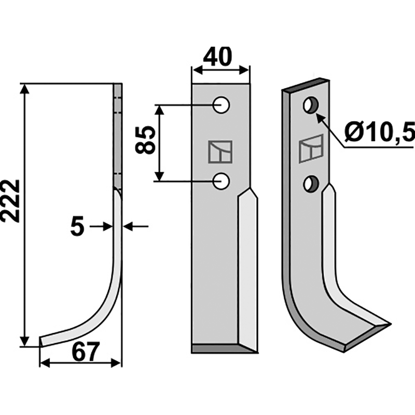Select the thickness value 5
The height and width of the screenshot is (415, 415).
pyautogui.click(x=77, y=226)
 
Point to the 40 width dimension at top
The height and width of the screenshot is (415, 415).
pyautogui.click(x=217, y=57)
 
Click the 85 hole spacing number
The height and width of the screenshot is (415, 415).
pyautogui.click(x=145, y=140)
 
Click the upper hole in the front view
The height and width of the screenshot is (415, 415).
pyautogui.click(x=222, y=105)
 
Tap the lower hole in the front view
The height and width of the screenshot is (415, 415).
pyautogui.click(x=222, y=181)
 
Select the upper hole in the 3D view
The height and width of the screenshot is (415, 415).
pyautogui.click(x=311, y=105)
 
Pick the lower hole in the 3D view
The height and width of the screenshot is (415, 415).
pyautogui.click(x=311, y=184)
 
